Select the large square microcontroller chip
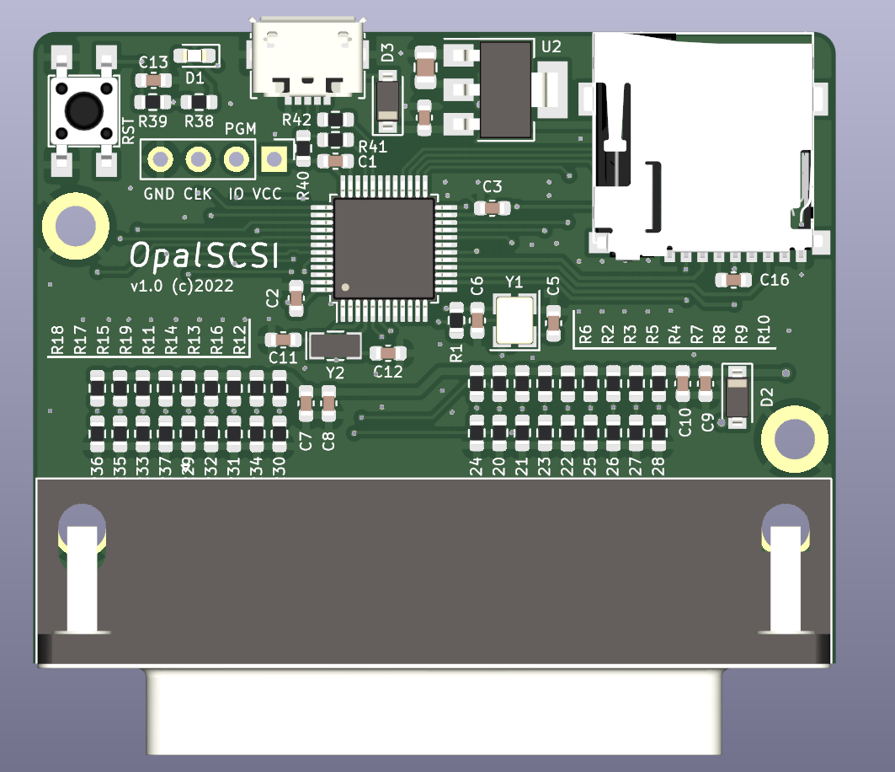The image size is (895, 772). tap(384, 248)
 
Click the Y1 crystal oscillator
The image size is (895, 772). tap(514, 321)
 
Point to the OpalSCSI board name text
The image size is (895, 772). tap(205, 255)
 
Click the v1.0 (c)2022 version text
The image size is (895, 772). tap(182, 287)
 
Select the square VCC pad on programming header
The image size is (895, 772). tap(272, 158)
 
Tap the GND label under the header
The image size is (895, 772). tap(158, 194)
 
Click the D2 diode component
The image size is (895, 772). tap(737, 396)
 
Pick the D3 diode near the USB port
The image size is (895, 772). tap(387, 101)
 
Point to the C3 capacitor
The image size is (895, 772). tap(492, 206)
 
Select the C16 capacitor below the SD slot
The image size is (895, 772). tap(733, 280)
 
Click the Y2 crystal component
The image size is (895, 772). tap(335, 345)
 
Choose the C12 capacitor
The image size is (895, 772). tap(387, 353)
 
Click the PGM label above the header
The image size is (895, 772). tap(240, 129)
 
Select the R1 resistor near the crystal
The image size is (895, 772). tap(455, 319)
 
